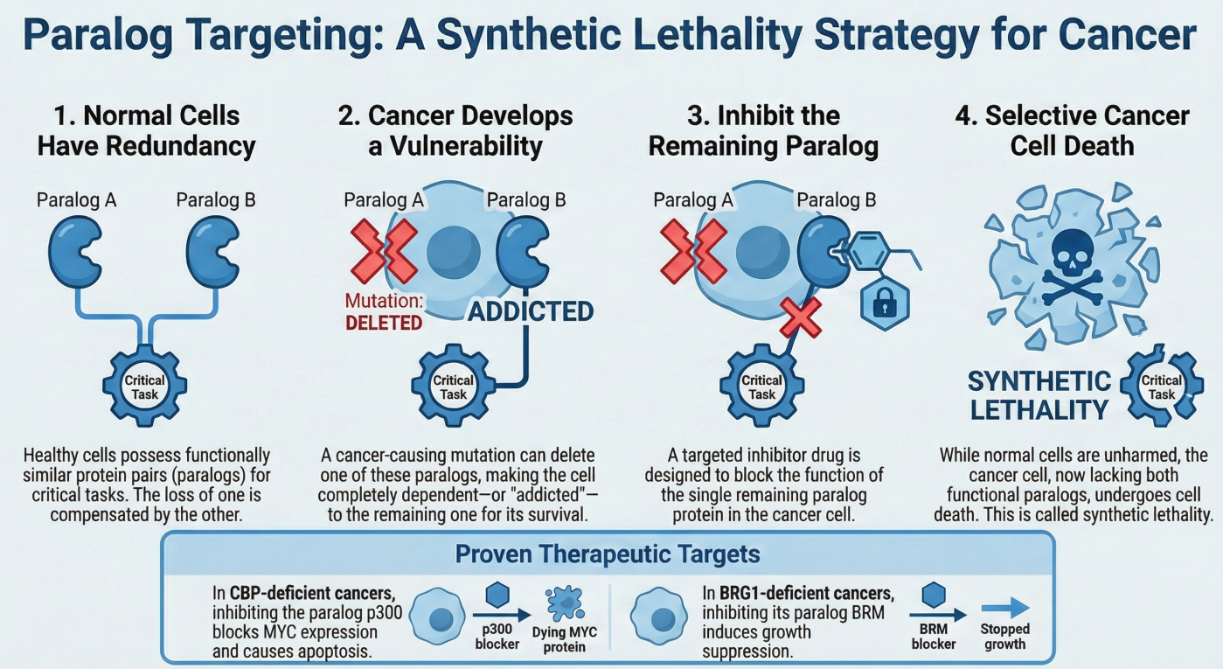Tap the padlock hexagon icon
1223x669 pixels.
coord(886,302)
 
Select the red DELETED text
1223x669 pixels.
coord(384,322)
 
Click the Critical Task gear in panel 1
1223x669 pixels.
coord(145,382)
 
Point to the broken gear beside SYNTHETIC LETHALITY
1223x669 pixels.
coord(1160,386)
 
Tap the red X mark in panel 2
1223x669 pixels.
coord(384,250)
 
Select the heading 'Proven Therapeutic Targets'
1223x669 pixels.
coord(608,554)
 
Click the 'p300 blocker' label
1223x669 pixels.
coord(497,637)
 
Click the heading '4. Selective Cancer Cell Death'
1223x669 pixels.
coord(1073,129)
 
